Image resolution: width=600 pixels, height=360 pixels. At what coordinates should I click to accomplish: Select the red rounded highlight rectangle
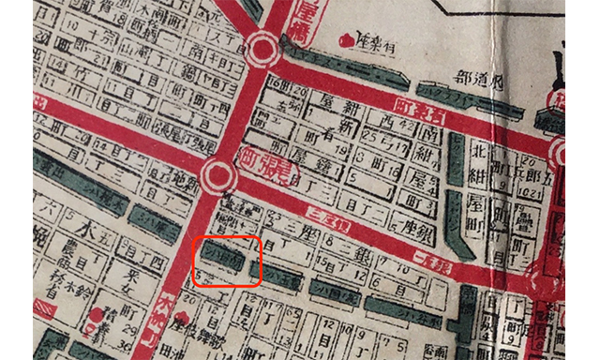pyautogui.click(x=225, y=260)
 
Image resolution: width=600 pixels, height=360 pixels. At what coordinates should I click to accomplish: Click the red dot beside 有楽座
pyautogui.click(x=347, y=40)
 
